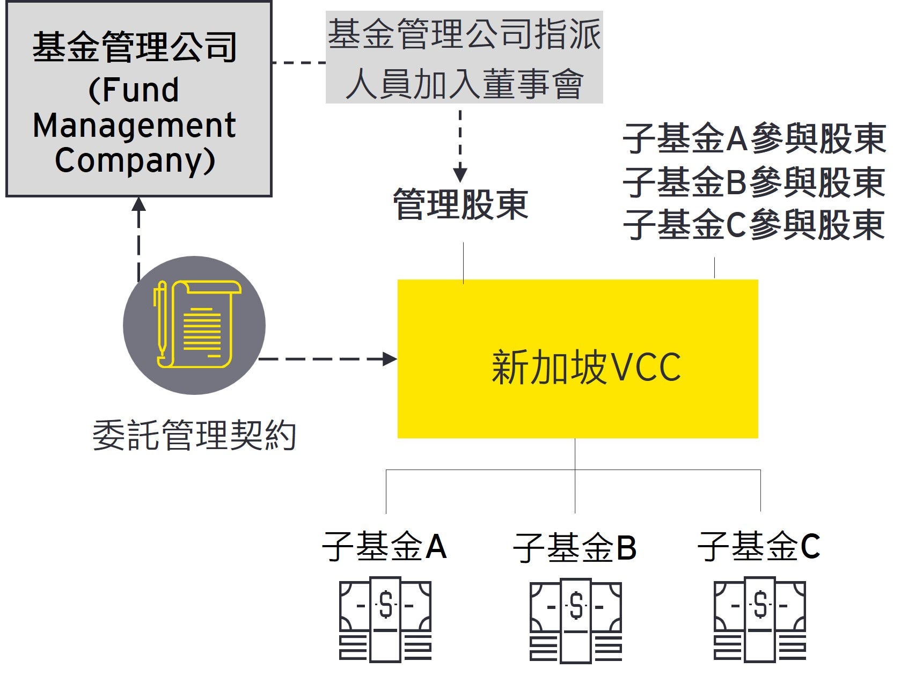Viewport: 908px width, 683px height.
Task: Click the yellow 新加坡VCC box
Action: coord(577,358)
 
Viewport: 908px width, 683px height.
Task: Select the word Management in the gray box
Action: coord(134,126)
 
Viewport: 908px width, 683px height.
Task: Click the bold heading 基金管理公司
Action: coord(134,47)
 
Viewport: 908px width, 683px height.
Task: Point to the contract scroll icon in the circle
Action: coord(194,325)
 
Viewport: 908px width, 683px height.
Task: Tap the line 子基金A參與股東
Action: coord(754,139)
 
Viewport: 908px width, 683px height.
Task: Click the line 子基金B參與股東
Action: coord(754,182)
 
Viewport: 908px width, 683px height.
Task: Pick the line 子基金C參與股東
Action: coord(754,225)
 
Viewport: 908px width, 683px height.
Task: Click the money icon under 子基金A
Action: coord(385,620)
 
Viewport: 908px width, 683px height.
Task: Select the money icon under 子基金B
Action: coord(576,621)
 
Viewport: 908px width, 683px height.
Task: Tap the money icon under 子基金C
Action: coord(760,620)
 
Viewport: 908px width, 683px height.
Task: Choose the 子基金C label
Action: coord(759,547)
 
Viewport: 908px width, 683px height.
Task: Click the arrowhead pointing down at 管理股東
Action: coord(460,174)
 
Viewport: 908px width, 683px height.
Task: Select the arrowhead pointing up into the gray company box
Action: coord(139,204)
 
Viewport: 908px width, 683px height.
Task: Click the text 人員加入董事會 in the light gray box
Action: coord(464,84)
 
